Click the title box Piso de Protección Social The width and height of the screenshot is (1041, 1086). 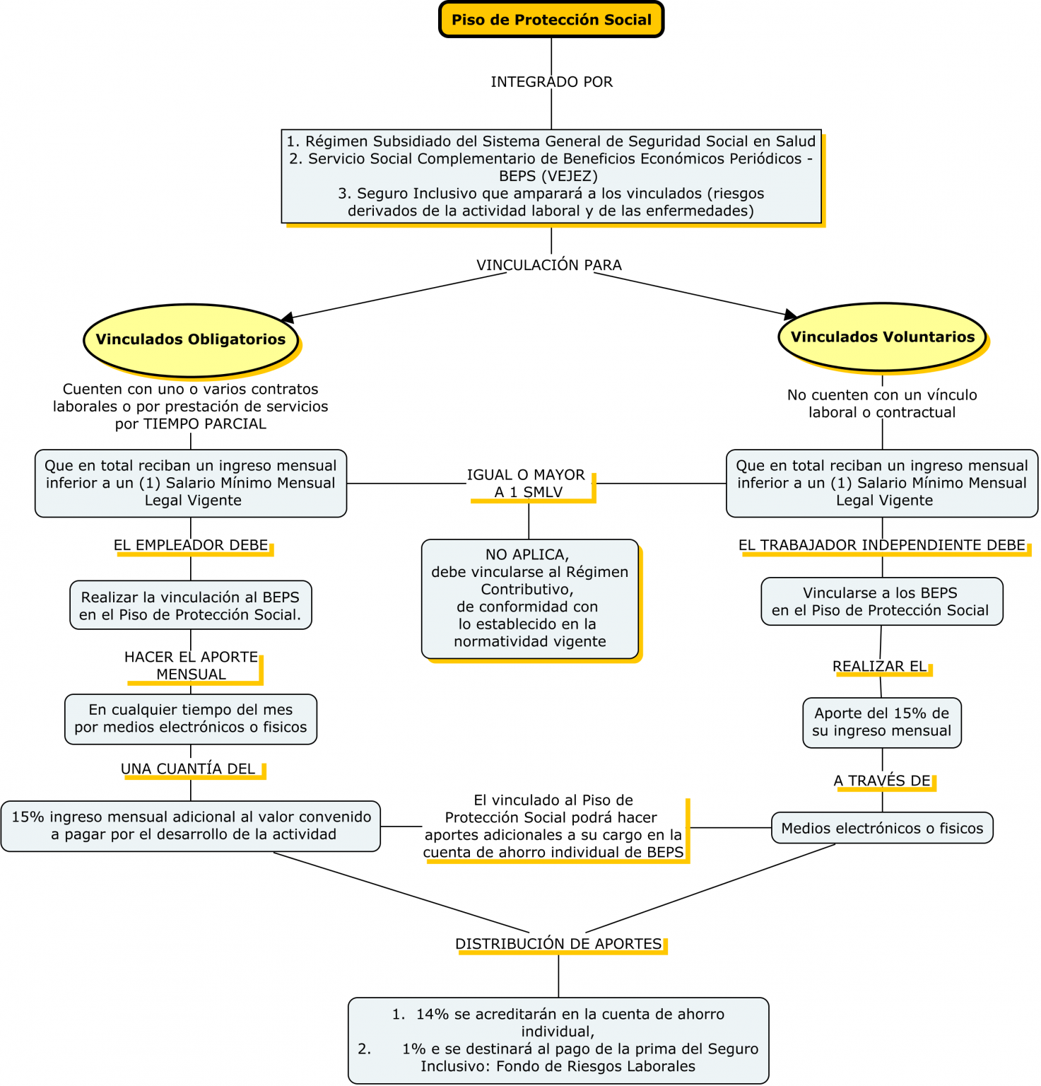[551, 20]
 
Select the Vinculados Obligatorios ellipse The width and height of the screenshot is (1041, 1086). [191, 339]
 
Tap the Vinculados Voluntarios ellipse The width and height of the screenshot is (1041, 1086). [882, 337]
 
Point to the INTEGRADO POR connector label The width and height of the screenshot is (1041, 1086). [551, 82]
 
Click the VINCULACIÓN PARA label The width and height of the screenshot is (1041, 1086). [549, 265]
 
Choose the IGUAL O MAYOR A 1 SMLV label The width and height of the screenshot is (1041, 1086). [527, 484]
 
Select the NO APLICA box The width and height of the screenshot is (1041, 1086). [529, 598]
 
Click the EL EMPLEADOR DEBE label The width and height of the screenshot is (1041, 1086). [191, 545]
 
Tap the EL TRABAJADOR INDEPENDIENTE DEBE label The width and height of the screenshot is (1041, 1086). [882, 545]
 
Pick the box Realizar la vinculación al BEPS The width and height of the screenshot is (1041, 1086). [191, 606]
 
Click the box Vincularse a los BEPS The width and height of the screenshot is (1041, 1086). [881, 602]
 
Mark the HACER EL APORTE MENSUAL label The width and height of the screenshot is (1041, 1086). [191, 666]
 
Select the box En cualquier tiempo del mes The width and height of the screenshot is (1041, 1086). [191, 719]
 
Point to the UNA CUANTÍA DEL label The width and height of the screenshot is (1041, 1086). [188, 769]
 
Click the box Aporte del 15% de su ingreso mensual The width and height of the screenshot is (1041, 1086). [881, 723]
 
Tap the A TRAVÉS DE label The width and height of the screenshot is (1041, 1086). [882, 781]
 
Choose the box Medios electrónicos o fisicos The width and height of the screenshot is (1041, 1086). [882, 829]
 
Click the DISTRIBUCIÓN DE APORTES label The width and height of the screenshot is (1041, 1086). [558, 945]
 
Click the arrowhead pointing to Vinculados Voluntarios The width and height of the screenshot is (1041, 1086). [790, 314]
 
